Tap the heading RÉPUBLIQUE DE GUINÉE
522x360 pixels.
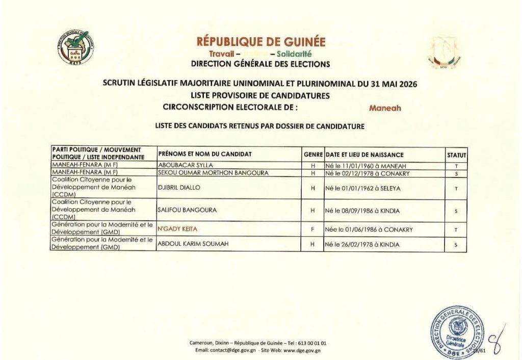pyautogui.click(x=260, y=42)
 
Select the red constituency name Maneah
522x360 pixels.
pyautogui.click(x=385, y=108)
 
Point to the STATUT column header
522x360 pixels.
pyautogui.click(x=456, y=155)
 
